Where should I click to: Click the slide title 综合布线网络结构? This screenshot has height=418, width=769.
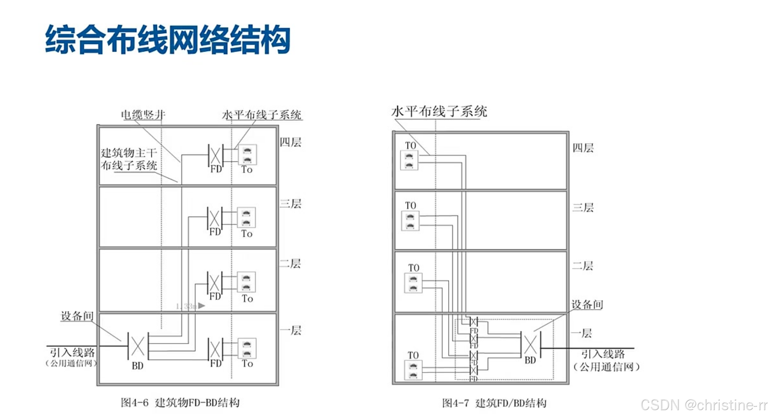pyautogui.click(x=167, y=40)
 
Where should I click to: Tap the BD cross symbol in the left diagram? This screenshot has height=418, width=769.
pyautogui.click(x=138, y=346)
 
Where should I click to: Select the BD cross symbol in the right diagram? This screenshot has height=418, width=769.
pyautogui.click(x=530, y=344)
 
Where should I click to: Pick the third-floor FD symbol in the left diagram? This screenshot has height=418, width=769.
pyautogui.click(x=215, y=218)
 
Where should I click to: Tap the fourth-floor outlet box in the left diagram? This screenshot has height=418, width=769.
pyautogui.click(x=247, y=155)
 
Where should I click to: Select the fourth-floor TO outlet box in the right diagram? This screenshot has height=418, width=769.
pyautogui.click(x=409, y=160)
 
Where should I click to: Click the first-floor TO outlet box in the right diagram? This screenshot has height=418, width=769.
pyautogui.click(x=413, y=370)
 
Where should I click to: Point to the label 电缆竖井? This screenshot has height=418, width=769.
pyautogui.click(x=143, y=115)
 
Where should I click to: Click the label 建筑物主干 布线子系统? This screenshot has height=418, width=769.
pyautogui.click(x=129, y=159)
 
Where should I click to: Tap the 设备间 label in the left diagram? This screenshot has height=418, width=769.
pyautogui.click(x=77, y=316)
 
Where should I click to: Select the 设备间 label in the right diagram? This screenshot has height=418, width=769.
pyautogui.click(x=587, y=304)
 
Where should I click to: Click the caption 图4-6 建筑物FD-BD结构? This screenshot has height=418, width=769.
pyautogui.click(x=180, y=403)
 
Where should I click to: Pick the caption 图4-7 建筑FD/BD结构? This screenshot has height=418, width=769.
pyautogui.click(x=494, y=403)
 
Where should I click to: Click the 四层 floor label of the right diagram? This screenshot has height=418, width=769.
pyautogui.click(x=583, y=148)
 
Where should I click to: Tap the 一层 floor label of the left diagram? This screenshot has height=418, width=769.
pyautogui.click(x=291, y=330)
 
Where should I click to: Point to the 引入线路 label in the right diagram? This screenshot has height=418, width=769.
pyautogui.click(x=603, y=354)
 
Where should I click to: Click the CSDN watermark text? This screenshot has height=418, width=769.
pyautogui.click(x=704, y=405)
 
